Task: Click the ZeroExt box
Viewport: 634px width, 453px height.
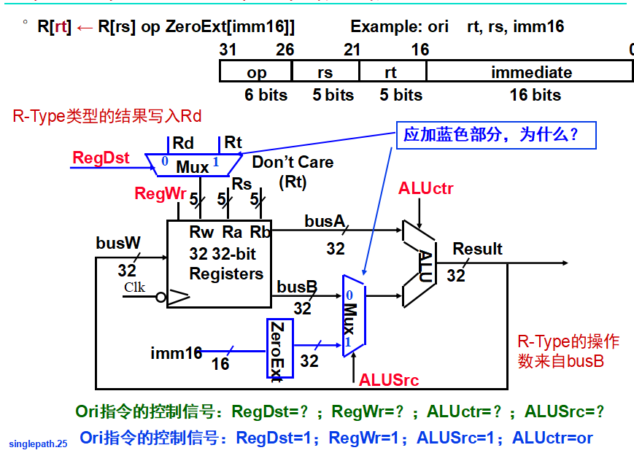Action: [x=279, y=348]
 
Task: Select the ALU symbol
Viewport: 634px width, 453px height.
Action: [x=420, y=263]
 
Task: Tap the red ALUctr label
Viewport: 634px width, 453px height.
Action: [x=425, y=189]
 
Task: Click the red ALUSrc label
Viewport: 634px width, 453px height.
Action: [x=389, y=379]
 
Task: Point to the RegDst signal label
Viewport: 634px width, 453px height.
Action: [x=101, y=158]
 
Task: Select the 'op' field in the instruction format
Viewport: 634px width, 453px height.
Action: [x=256, y=71]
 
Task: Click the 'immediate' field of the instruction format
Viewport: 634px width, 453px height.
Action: [x=530, y=71]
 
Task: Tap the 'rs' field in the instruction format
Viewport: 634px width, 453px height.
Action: [x=325, y=71]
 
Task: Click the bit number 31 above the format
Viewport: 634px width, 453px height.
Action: [x=228, y=50]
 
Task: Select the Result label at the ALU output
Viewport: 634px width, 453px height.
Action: [x=477, y=249]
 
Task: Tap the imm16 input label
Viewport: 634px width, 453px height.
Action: [x=176, y=353]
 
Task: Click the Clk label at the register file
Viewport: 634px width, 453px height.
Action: [x=134, y=287]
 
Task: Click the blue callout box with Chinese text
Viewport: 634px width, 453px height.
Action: [x=495, y=135]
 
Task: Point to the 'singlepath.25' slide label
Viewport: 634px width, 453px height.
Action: [x=38, y=443]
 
